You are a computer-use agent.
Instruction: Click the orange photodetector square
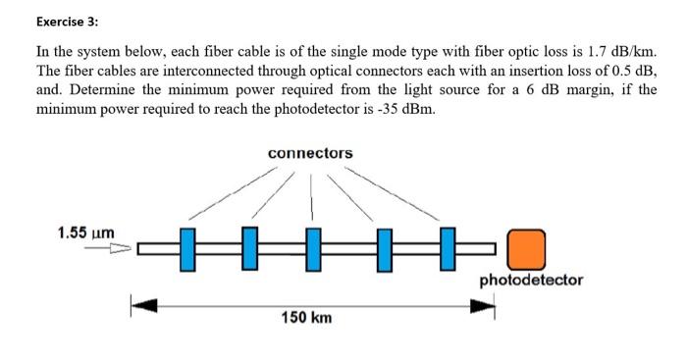pos(526,248)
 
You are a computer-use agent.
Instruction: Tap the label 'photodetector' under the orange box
pos(531,281)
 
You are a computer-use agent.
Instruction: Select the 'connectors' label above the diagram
pos(310,154)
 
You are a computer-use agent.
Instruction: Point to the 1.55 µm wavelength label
pos(85,232)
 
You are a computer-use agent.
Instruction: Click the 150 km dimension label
pos(307,319)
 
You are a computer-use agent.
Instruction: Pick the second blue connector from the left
pos(249,247)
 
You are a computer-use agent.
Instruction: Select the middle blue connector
pos(314,247)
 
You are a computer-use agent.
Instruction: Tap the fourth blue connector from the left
pos(384,247)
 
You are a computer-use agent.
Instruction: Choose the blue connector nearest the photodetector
pos(448,247)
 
